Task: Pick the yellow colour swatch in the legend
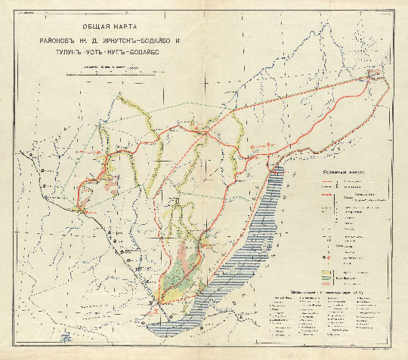point(326,267)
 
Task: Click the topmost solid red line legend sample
point(326,180)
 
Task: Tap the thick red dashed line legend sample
point(326,195)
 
